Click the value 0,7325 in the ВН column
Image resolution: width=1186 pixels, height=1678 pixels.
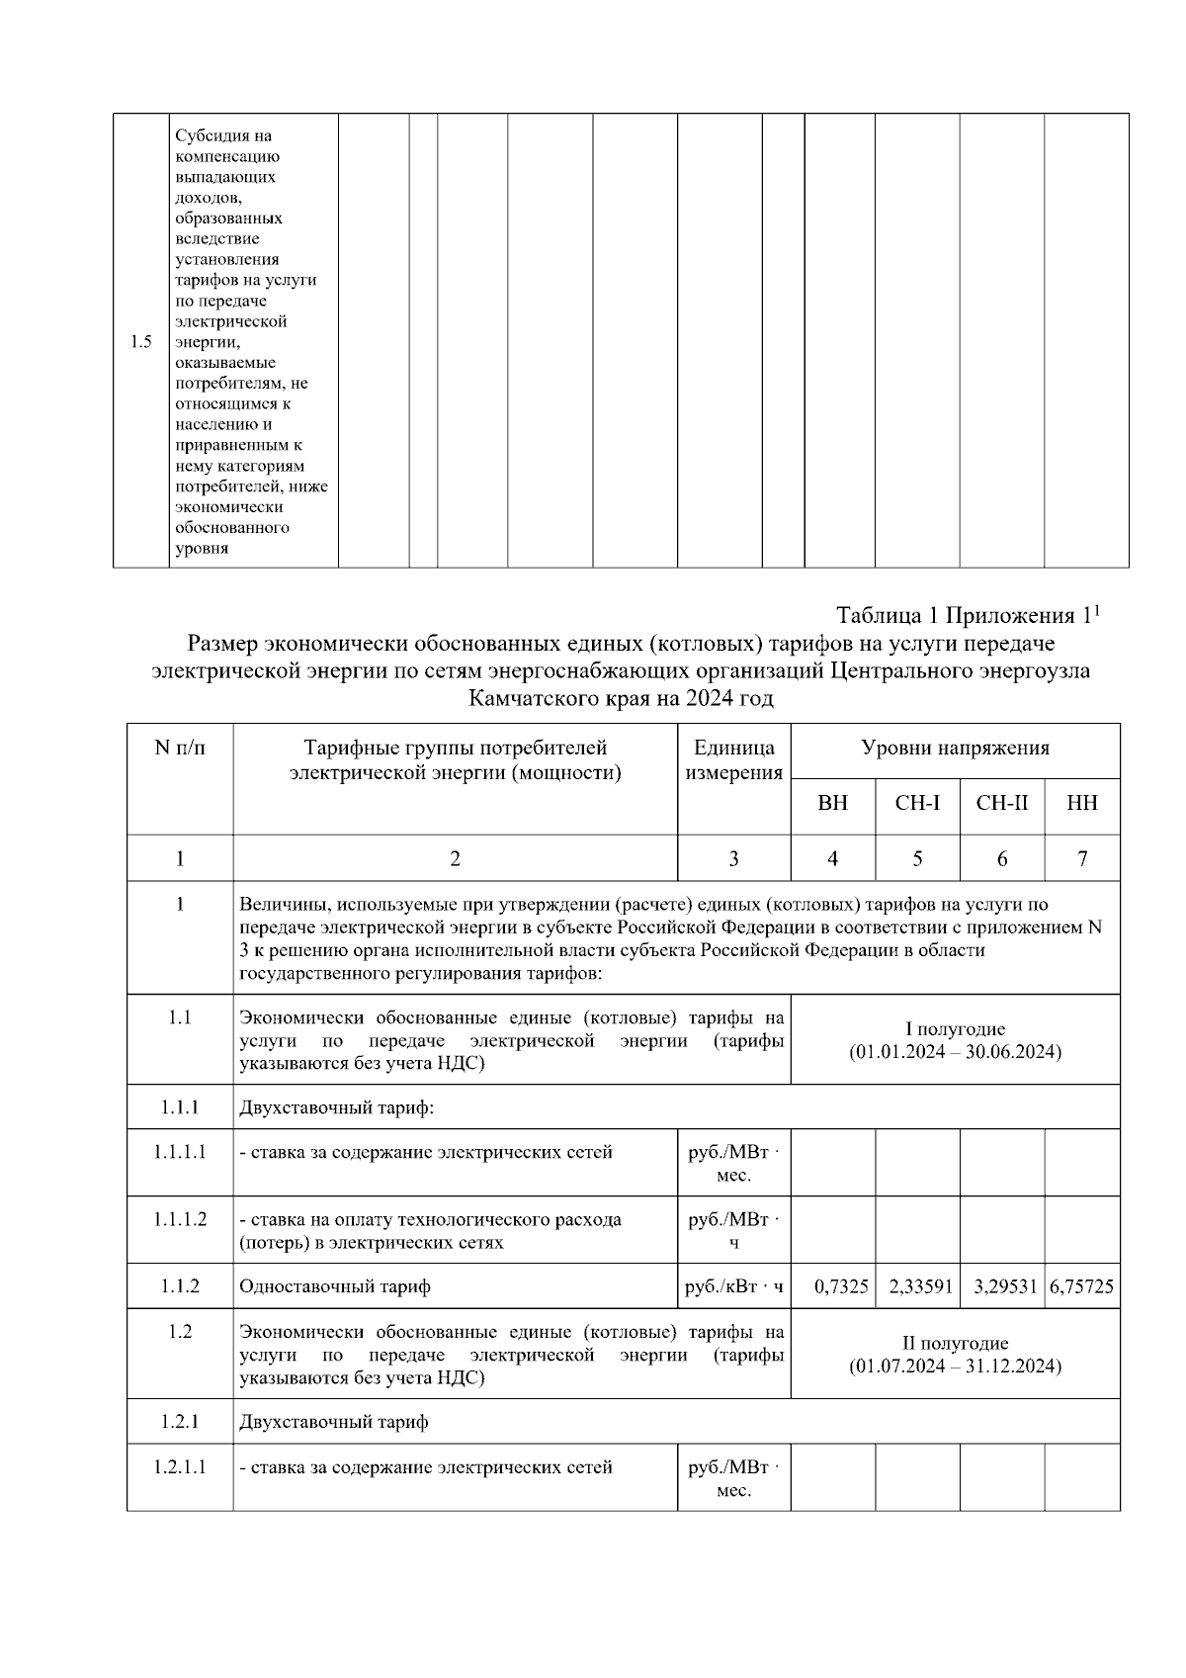point(841,1286)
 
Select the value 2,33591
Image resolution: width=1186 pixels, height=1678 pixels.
point(920,1286)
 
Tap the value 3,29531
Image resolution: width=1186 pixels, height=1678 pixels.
point(1004,1286)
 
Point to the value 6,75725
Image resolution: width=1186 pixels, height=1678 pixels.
point(1082,1286)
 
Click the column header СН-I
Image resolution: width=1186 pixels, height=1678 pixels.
point(917,803)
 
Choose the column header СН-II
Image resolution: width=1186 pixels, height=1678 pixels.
point(1002,803)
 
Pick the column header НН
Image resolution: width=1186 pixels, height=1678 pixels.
point(1082,803)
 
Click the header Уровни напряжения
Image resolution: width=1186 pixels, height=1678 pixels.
point(955,749)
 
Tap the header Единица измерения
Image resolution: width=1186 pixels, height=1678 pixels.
point(733,760)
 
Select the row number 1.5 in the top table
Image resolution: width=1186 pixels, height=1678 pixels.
point(140,342)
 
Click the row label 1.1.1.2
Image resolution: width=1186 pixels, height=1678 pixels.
point(180,1219)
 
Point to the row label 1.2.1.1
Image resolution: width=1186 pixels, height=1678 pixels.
point(180,1466)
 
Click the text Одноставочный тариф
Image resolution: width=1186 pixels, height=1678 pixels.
point(335,1286)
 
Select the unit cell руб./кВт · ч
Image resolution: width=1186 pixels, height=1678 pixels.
point(733,1286)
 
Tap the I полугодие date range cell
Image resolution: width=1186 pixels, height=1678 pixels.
point(955,1040)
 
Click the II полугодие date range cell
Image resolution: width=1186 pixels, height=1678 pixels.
point(955,1355)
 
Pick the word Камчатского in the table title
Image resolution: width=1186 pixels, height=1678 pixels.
point(536,699)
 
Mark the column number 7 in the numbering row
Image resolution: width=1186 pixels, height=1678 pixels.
point(1082,859)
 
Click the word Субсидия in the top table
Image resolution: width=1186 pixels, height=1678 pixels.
point(209,136)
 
